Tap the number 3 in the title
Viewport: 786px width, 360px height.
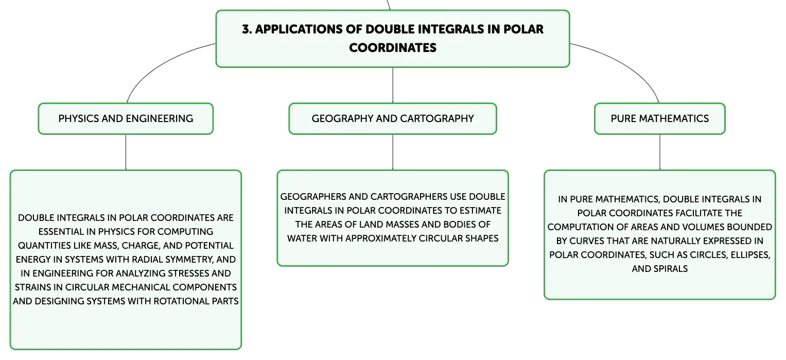(x=246, y=29)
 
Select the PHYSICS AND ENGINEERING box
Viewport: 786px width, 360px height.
(x=126, y=118)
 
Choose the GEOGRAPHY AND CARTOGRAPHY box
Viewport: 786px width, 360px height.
(x=393, y=118)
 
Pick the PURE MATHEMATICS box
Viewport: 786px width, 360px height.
(x=660, y=118)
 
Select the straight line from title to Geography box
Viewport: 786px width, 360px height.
(x=393, y=85)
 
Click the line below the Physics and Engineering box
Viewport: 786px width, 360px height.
(x=126, y=152)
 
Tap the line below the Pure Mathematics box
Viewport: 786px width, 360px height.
(x=660, y=152)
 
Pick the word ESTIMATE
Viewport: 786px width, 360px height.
(x=480, y=211)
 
